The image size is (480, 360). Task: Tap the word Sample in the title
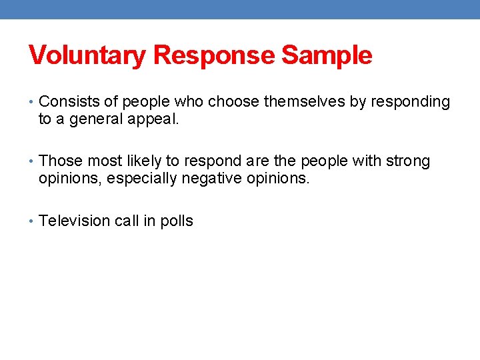click(327, 55)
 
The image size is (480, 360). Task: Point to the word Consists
click(67, 102)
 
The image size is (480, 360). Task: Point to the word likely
click(159, 161)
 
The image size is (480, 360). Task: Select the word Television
click(73, 221)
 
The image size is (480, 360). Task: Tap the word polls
click(177, 221)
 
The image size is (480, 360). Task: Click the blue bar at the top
click(240, 9)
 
